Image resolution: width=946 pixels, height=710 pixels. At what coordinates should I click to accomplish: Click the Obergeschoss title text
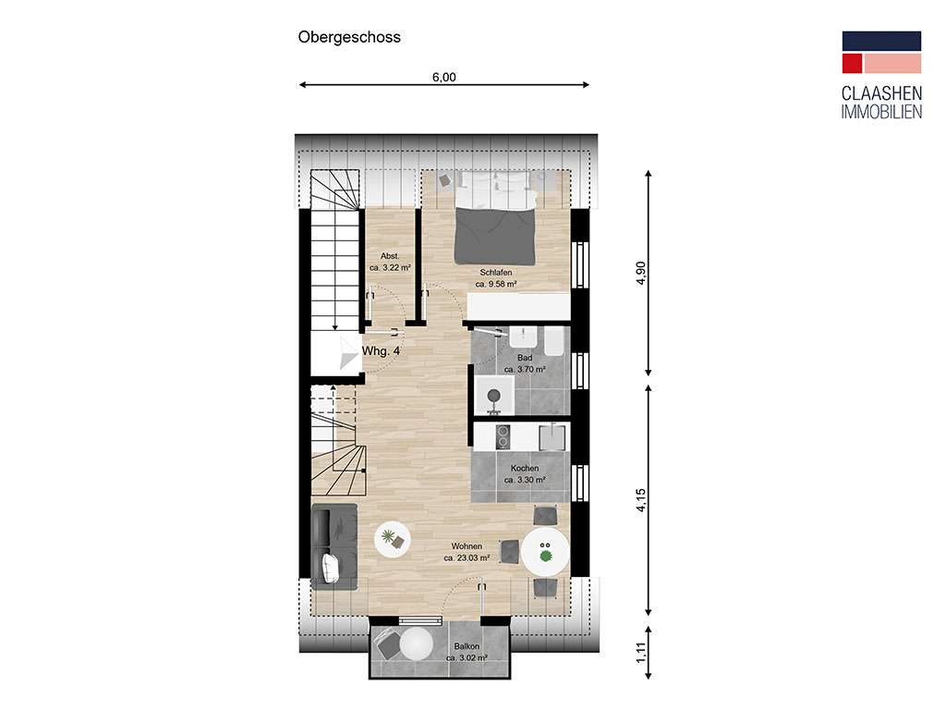click(x=348, y=38)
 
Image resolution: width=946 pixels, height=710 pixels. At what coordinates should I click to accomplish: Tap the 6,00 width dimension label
click(x=443, y=78)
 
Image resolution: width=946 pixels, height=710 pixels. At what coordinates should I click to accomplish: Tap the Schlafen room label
click(x=495, y=278)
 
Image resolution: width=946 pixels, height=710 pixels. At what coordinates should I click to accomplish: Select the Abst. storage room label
click(x=390, y=262)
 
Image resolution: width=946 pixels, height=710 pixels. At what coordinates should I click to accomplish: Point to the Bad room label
click(x=525, y=363)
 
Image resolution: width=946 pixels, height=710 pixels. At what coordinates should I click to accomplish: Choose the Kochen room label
click(x=524, y=474)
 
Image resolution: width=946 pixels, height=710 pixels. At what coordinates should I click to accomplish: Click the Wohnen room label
click(x=467, y=552)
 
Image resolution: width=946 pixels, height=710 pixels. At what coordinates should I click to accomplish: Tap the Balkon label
click(x=467, y=653)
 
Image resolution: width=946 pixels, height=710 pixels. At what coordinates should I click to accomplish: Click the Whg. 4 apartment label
click(x=381, y=351)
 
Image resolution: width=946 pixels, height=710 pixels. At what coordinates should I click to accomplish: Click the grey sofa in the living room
click(x=335, y=547)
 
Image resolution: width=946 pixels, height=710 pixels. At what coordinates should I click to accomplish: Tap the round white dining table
click(x=545, y=554)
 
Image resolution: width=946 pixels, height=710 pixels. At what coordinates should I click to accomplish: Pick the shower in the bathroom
click(x=494, y=395)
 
